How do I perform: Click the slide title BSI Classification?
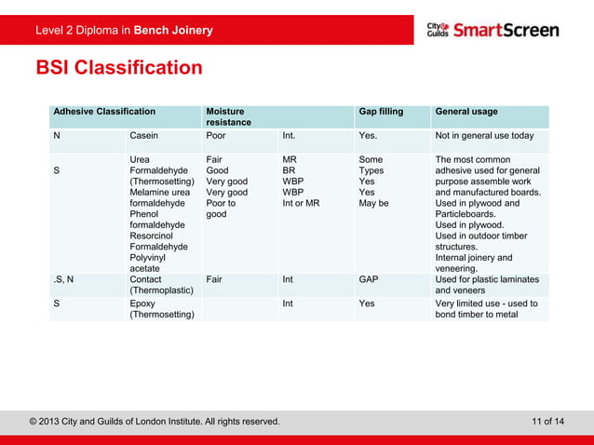click(x=118, y=68)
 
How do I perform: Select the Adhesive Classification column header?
click(x=104, y=112)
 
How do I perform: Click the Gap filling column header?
click(x=381, y=112)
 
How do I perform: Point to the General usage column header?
click(x=466, y=112)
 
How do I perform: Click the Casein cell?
click(x=143, y=136)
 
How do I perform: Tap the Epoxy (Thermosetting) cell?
click(x=161, y=309)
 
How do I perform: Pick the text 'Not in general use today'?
click(x=484, y=136)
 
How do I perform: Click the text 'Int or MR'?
click(x=301, y=203)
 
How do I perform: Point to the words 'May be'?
click(x=373, y=203)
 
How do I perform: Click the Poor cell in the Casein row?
click(x=215, y=136)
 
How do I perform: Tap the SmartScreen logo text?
click(x=506, y=30)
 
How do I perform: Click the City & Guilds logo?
click(x=437, y=30)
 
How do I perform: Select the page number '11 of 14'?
click(x=547, y=422)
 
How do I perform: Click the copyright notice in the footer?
click(x=154, y=422)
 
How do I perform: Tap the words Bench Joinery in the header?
click(x=173, y=31)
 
